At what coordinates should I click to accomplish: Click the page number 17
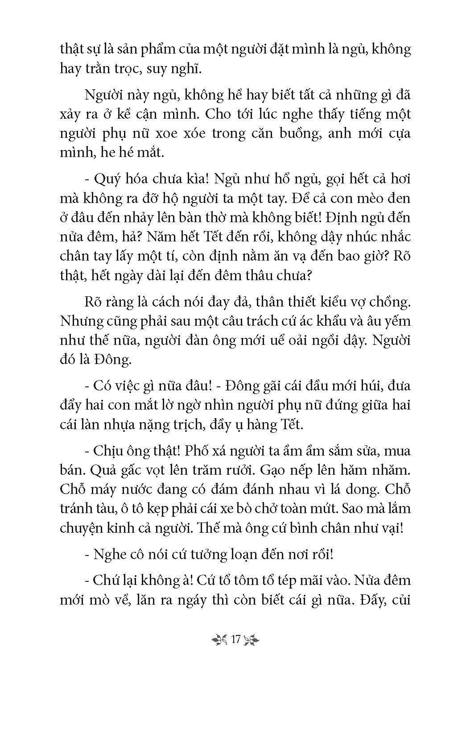(236, 639)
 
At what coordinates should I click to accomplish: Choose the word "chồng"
(391, 302)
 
